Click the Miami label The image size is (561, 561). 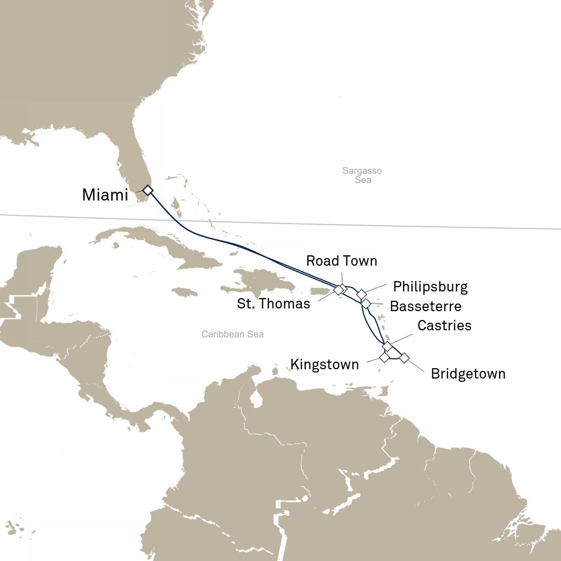105,194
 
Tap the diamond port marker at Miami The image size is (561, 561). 147,190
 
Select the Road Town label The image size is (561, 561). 341,261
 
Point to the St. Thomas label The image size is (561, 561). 273,304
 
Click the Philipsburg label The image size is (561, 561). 430,287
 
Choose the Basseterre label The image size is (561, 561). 425,306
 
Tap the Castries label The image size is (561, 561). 444,325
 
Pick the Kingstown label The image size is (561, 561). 324,364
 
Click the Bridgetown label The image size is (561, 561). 468,374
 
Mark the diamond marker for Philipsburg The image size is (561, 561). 361,294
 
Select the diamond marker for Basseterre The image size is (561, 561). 366,303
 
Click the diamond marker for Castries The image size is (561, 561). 387,346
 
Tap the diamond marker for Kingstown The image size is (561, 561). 384,357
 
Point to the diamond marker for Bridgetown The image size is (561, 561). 404,358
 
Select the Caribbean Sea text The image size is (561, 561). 232,334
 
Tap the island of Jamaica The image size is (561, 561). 185,292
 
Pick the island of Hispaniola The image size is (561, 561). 257,285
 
